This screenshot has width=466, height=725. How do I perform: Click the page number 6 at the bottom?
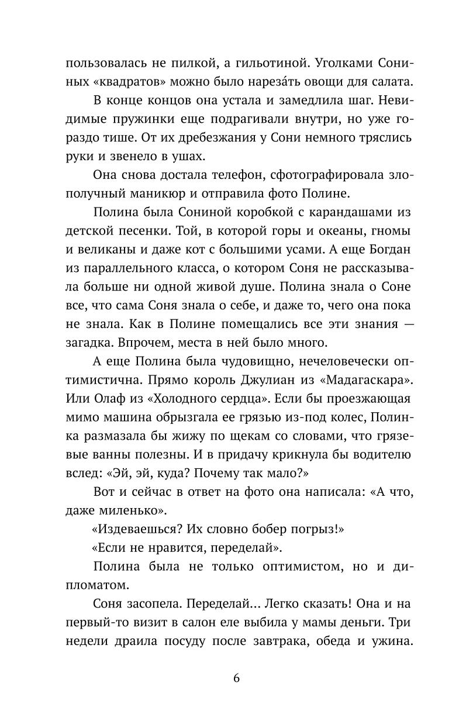[236, 679]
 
